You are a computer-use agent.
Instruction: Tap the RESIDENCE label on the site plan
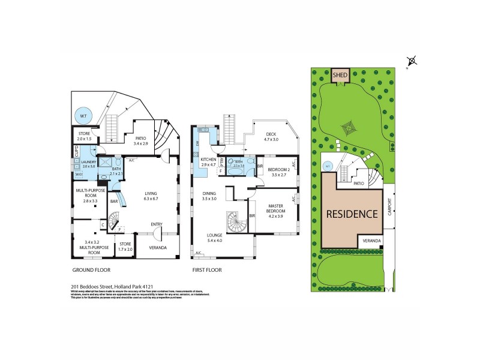[x=352, y=213]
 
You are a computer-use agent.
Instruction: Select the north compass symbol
[x=412, y=61]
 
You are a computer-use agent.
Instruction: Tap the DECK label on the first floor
[x=272, y=136]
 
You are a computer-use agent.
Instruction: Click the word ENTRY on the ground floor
[x=157, y=224]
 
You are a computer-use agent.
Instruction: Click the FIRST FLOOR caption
[x=207, y=270]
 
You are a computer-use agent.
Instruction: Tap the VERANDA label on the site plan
[x=370, y=241]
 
